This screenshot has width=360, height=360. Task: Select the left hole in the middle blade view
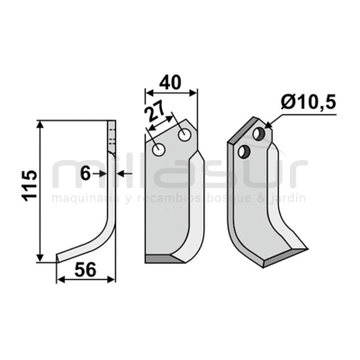click(159, 147)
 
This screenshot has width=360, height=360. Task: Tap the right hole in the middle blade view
click(184, 136)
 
